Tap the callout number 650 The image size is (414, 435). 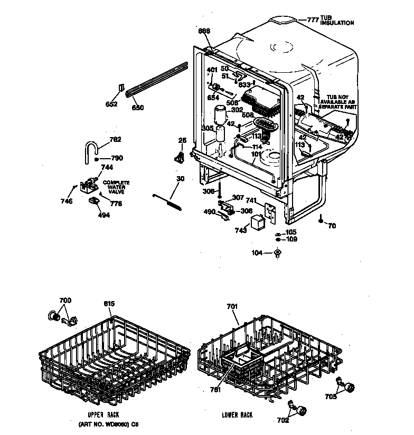click(137, 108)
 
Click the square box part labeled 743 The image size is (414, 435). click(257, 223)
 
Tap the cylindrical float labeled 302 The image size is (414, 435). click(219, 115)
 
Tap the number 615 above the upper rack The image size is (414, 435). click(109, 303)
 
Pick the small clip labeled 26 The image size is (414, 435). click(181, 156)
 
